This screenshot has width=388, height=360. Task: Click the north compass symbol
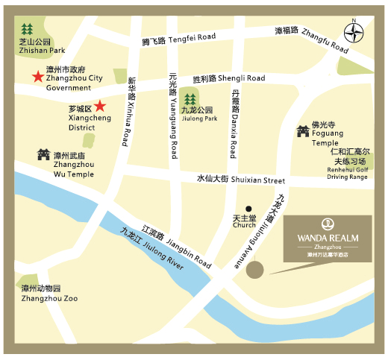(355, 32)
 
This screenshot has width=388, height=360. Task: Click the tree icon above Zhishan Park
(28, 29)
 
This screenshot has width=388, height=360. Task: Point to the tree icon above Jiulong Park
(190, 98)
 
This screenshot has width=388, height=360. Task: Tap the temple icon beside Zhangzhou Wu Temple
(42, 155)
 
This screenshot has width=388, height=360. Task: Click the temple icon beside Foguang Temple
(301, 130)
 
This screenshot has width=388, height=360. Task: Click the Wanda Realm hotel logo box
(328, 239)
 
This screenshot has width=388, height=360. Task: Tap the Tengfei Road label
(178, 40)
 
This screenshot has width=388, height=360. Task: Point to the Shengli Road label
(229, 78)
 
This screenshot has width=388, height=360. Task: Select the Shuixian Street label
(241, 179)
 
